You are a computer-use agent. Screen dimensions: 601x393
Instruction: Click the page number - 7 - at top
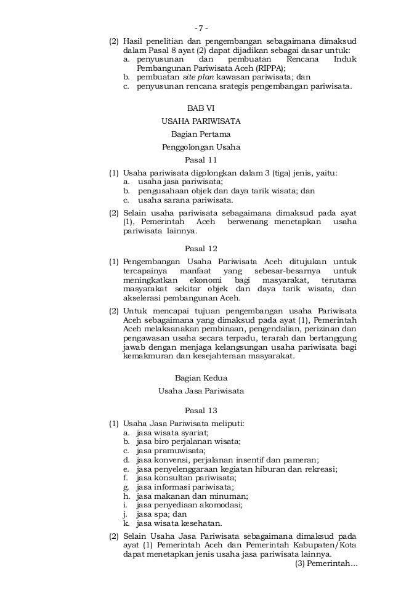(201, 28)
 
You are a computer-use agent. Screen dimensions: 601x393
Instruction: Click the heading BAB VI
(201, 108)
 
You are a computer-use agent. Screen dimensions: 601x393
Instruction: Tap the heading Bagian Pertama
(201, 134)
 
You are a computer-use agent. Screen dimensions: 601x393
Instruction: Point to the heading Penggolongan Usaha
(201, 147)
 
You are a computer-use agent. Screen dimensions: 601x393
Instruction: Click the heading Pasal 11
(201, 160)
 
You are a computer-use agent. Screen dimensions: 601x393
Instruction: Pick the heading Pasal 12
(201, 249)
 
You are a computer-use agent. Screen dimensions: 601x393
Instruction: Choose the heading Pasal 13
(201, 410)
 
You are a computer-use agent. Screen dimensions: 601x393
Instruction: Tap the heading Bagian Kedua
(201, 377)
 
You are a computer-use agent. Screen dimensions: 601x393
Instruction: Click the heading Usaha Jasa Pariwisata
(201, 390)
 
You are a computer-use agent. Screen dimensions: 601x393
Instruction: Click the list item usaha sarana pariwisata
(185, 200)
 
